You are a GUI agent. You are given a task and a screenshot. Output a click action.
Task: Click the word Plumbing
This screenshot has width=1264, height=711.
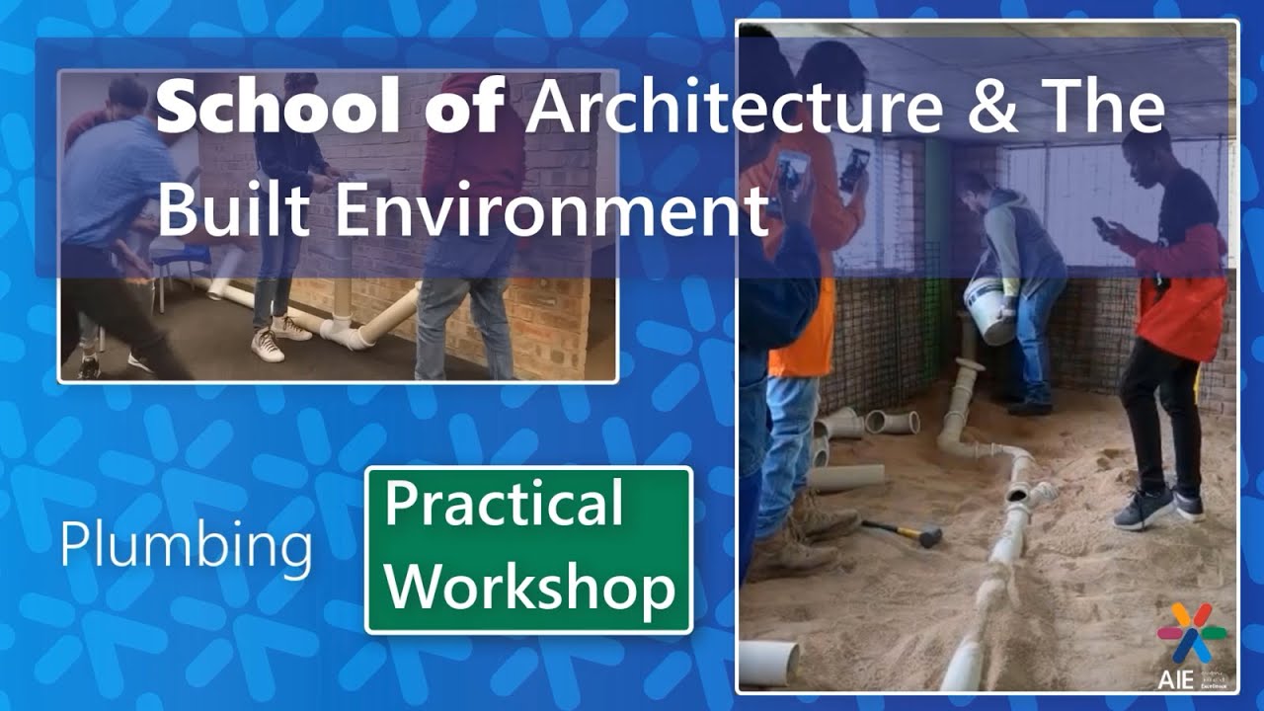[186, 544]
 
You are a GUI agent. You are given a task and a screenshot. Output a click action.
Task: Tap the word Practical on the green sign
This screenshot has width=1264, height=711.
[504, 503]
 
